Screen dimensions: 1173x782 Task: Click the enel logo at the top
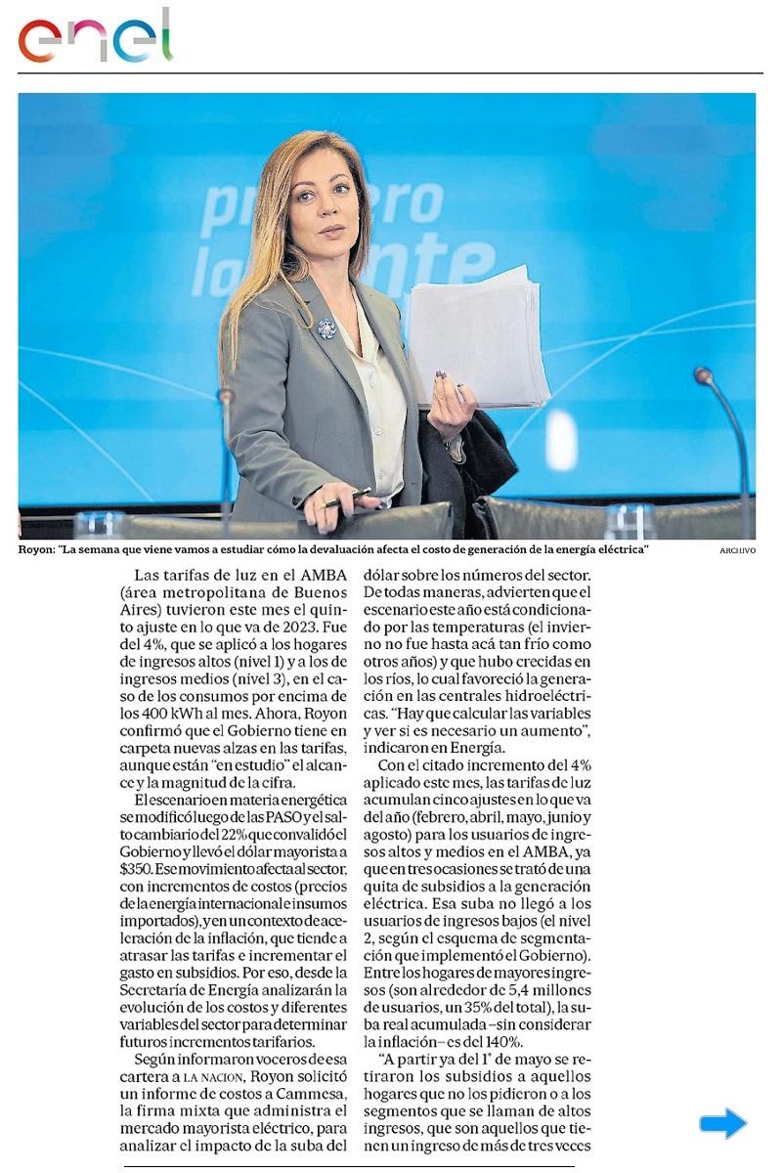[95, 38]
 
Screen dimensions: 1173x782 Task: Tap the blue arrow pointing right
[722, 1123]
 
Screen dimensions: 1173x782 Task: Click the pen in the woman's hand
[348, 498]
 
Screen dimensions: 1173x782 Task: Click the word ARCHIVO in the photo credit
[737, 551]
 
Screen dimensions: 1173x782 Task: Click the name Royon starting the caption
[36, 550]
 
